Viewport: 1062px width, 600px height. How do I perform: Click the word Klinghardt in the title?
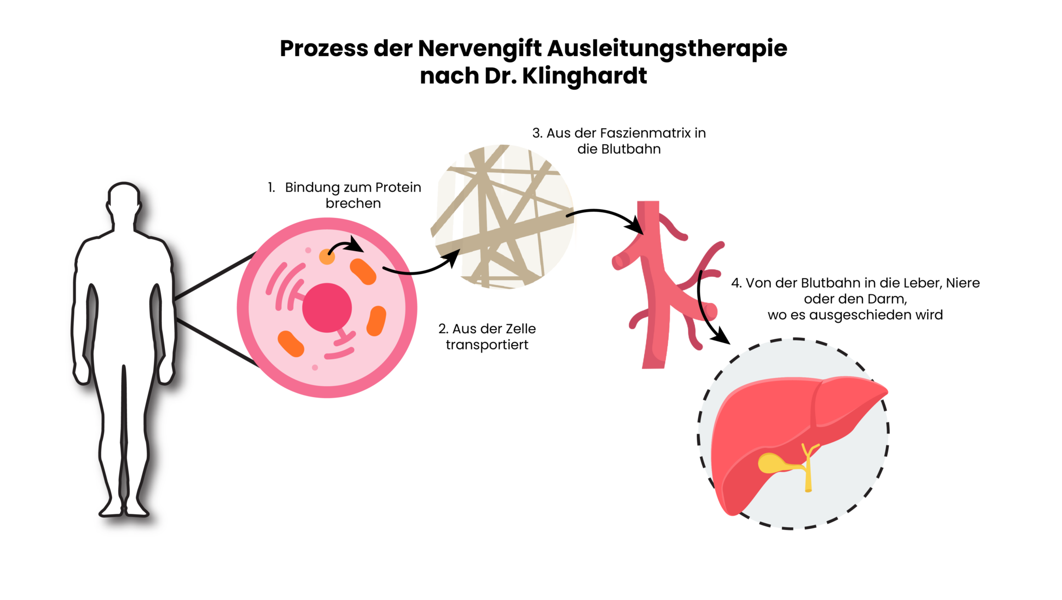(x=584, y=76)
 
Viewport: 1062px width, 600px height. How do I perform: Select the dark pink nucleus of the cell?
(x=327, y=308)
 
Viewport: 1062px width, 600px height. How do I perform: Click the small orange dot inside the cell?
(x=326, y=256)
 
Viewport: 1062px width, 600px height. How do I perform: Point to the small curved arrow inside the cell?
(x=346, y=246)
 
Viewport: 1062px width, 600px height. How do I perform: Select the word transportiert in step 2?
(x=487, y=345)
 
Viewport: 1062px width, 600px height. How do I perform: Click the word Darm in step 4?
(x=889, y=299)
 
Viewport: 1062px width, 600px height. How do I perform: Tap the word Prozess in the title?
(x=324, y=49)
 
